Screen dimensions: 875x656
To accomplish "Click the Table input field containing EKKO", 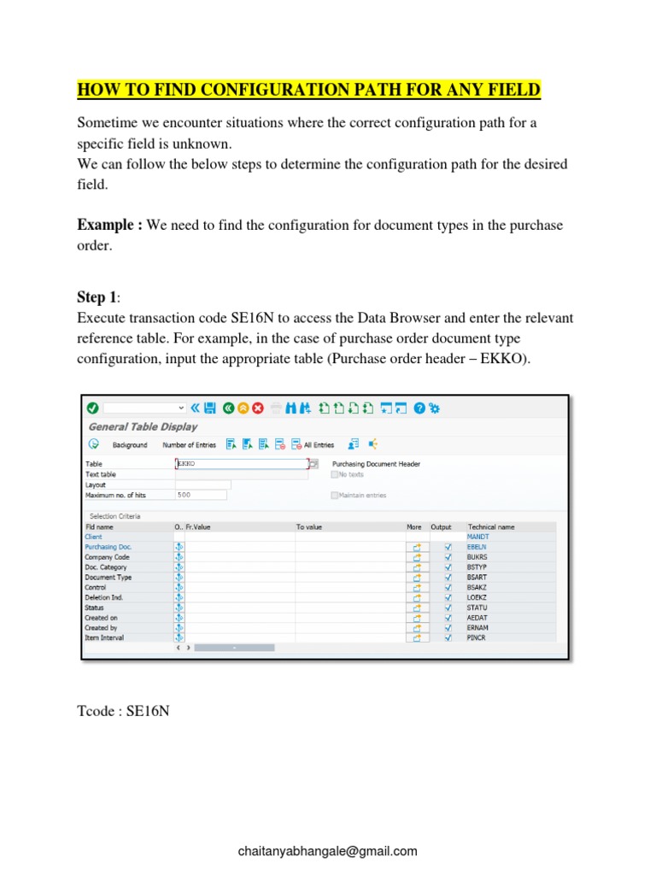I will (240, 464).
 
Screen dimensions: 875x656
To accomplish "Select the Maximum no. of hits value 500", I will (201, 495).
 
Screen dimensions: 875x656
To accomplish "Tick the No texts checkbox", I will (334, 474).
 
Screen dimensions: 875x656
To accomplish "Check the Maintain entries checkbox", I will (334, 495).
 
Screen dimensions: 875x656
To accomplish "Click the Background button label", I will (130, 444).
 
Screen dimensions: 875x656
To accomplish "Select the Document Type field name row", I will (108, 577).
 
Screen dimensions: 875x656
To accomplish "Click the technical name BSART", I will (477, 577).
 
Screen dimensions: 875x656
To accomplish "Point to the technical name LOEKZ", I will (477, 597).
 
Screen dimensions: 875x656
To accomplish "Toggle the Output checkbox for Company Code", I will (448, 557).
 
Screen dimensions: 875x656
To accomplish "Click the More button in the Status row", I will (418, 608).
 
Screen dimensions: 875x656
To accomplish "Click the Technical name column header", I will (491, 527).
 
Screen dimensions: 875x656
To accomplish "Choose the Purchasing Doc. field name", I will (108, 547).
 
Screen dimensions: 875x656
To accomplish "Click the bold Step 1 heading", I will (97, 297).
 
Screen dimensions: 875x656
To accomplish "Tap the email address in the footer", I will (328, 851).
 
